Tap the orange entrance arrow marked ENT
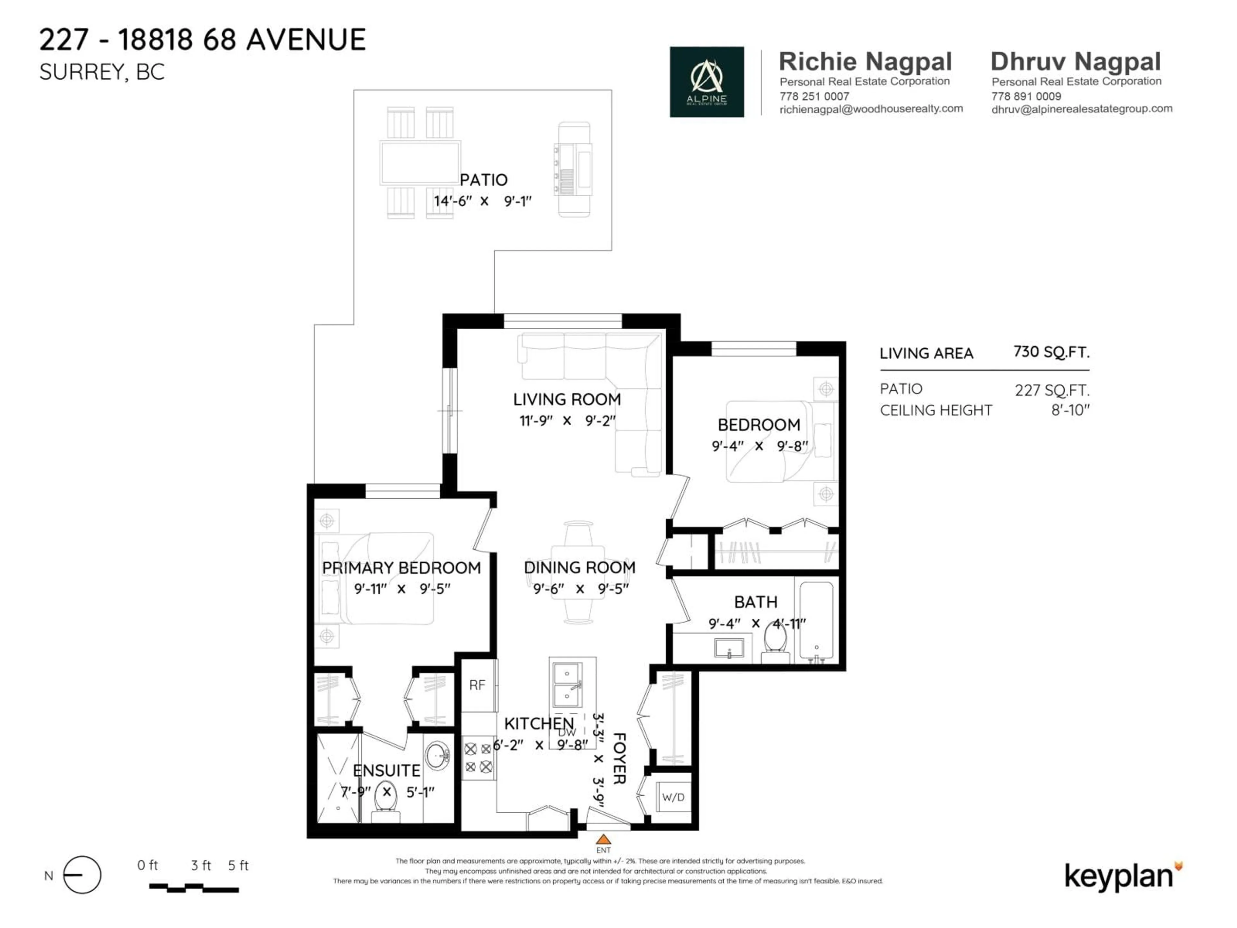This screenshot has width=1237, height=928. point(603,839)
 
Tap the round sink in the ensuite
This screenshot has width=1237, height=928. point(437,756)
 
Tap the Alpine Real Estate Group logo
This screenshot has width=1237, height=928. point(706,82)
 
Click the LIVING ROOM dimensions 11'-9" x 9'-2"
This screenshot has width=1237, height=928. point(567,420)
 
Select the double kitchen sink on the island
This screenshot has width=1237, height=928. point(568,685)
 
